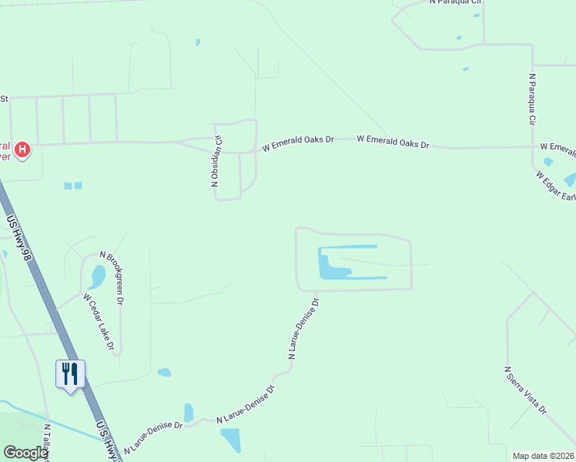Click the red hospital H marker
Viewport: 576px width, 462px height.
click(22, 149)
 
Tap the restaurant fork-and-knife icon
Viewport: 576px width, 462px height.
click(70, 374)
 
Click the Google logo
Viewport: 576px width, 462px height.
click(25, 453)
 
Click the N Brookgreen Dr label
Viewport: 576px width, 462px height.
click(112, 278)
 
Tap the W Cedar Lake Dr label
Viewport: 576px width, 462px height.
click(99, 323)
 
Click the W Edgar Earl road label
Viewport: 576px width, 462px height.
click(557, 186)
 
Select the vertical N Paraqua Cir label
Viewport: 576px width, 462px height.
click(531, 100)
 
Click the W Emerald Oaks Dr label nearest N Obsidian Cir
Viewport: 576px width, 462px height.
click(298, 144)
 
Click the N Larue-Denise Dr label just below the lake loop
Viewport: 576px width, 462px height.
click(303, 329)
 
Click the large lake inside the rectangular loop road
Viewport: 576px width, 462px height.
click(333, 265)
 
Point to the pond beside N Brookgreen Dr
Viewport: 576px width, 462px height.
click(98, 275)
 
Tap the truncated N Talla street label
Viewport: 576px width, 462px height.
click(46, 443)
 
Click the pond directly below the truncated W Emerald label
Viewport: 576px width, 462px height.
click(548, 162)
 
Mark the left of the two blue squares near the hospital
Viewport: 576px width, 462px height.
click(68, 186)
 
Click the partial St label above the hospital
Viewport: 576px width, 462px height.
click(4, 99)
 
